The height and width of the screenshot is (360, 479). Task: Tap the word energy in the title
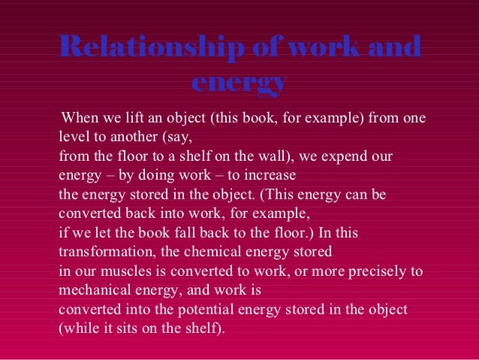coord(239,83)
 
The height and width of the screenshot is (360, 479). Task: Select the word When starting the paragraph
coord(81,118)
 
